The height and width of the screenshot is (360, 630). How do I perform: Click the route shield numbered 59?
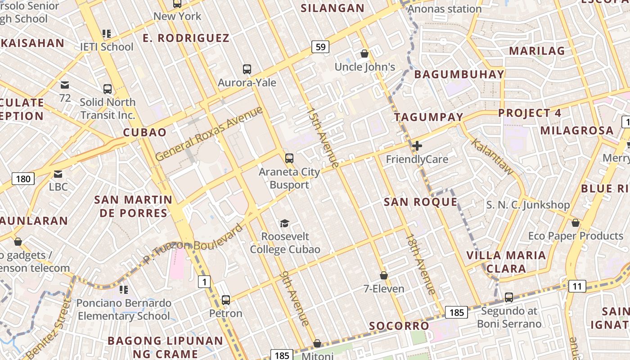pyautogui.click(x=320, y=47)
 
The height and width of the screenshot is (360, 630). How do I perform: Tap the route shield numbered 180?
pyautogui.click(x=23, y=179)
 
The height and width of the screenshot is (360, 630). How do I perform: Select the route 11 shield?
pyautogui.click(x=577, y=286)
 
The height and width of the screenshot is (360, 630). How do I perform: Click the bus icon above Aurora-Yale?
pyautogui.click(x=247, y=69)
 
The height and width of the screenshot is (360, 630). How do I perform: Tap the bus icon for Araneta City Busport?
pyautogui.click(x=289, y=158)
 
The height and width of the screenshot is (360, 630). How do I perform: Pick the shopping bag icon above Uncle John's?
pyautogui.click(x=364, y=54)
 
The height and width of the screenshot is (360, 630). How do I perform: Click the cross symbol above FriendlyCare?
pyautogui.click(x=417, y=146)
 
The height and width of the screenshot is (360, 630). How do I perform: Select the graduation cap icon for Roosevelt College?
pyautogui.click(x=284, y=223)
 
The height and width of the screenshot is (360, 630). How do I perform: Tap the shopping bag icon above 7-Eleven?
pyautogui.click(x=384, y=275)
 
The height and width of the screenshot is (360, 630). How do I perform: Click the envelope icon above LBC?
pyautogui.click(x=58, y=174)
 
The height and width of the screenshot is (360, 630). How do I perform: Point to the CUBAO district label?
pyautogui.click(x=145, y=132)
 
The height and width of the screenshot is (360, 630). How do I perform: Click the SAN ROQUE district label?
pyautogui.click(x=420, y=202)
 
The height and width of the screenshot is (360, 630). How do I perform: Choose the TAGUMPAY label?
pyautogui.click(x=428, y=117)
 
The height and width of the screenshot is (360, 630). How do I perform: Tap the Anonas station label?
pyautogui.click(x=445, y=9)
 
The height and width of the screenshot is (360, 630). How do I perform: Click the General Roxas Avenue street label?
pyautogui.click(x=209, y=134)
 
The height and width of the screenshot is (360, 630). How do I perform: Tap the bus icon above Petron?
pyautogui.click(x=226, y=300)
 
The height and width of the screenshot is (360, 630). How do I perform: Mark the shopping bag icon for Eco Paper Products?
pyautogui.click(x=575, y=223)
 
